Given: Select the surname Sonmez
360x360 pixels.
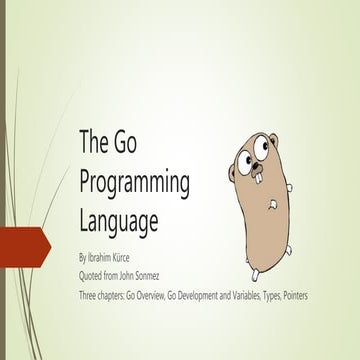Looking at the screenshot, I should [160, 257].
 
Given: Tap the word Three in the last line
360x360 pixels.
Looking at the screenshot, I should [89, 270].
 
